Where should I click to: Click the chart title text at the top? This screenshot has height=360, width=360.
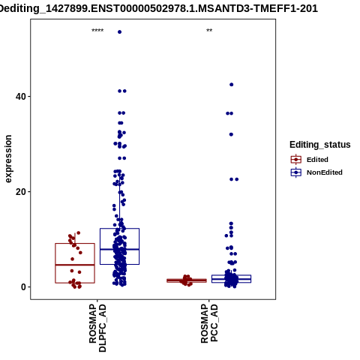pyautogui.click(x=158, y=9)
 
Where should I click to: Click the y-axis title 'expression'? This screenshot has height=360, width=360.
pyautogui.click(x=8, y=159)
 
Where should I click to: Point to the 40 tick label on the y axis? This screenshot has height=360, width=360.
pyautogui.click(x=21, y=97)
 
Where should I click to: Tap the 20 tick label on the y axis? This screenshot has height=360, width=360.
pyautogui.click(x=21, y=192)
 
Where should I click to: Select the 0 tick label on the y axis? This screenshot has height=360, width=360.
pyautogui.click(x=24, y=287)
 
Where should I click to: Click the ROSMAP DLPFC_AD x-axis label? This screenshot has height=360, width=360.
pyautogui.click(x=97, y=328)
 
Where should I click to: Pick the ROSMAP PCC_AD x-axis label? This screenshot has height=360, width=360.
pyautogui.click(x=209, y=323)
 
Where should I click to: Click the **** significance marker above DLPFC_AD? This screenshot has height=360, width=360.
pyautogui.click(x=97, y=31)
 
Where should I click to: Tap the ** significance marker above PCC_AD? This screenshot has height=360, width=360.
pyautogui.click(x=209, y=31)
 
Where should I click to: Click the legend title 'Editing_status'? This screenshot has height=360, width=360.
pyautogui.click(x=320, y=145)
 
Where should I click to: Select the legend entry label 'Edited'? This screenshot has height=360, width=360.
pyautogui.click(x=317, y=160)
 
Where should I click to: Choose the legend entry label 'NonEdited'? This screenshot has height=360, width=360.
pyautogui.click(x=325, y=172)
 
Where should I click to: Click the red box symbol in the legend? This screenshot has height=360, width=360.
pyautogui.click(x=296, y=160)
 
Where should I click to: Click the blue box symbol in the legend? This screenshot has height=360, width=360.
pyautogui.click(x=296, y=172)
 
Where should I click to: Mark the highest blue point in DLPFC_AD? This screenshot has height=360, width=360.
pyautogui.click(x=119, y=32)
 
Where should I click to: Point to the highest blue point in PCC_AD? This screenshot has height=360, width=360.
pyautogui.click(x=232, y=85)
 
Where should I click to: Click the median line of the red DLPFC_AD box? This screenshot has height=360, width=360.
pyautogui.click(x=75, y=265)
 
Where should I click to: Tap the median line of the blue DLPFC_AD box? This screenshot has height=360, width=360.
pyautogui.click(x=119, y=249)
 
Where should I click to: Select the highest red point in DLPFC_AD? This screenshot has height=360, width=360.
pyautogui.click(x=78, y=233)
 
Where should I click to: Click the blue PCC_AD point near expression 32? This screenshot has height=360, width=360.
pyautogui.click(x=231, y=134)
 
